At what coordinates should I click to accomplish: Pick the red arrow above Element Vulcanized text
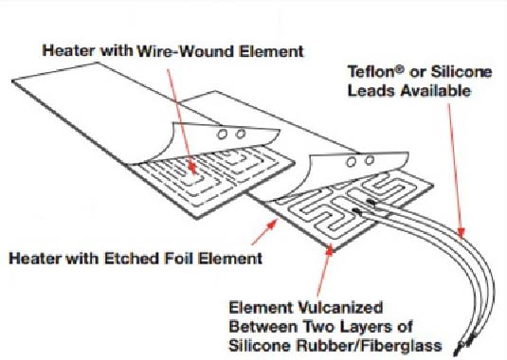[329, 249]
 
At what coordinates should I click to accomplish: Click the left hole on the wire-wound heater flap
[225, 135]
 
